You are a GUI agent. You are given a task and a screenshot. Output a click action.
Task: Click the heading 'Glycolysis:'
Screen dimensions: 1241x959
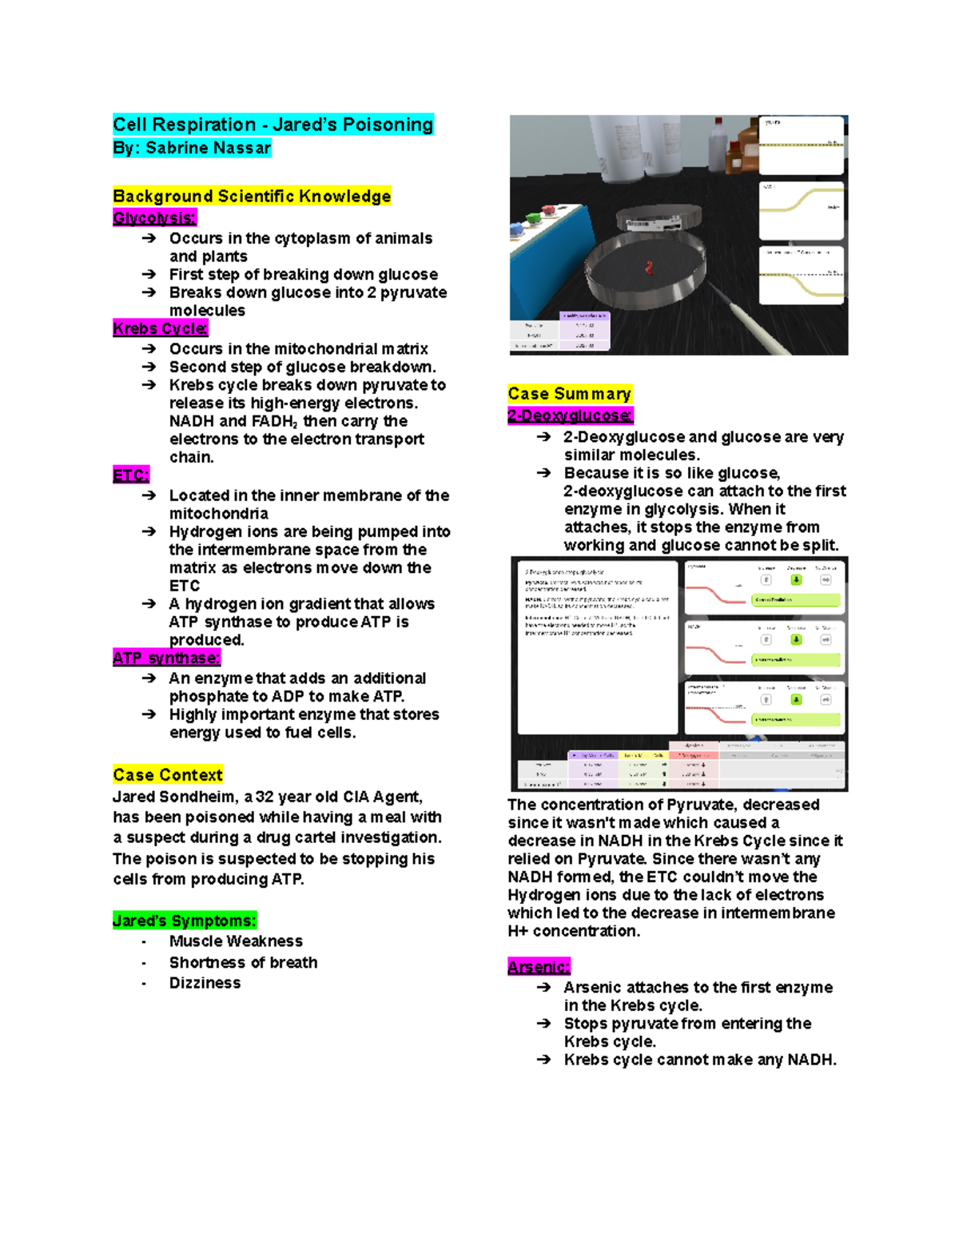(x=154, y=218)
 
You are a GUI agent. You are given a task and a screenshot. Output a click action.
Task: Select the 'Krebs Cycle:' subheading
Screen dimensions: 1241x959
(x=161, y=328)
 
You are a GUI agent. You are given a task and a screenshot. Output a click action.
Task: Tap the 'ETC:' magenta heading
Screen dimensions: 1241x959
(x=131, y=475)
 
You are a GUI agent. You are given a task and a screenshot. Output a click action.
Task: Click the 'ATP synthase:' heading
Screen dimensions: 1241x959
(x=166, y=658)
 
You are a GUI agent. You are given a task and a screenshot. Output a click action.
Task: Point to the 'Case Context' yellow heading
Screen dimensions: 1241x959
(x=168, y=774)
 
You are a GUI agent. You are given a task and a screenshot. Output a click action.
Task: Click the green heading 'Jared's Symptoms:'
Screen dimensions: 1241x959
(x=185, y=921)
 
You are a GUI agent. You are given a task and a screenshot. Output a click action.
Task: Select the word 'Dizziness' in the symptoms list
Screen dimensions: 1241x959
(x=205, y=983)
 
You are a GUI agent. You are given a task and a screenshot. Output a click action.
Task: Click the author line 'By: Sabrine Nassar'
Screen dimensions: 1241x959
(x=192, y=148)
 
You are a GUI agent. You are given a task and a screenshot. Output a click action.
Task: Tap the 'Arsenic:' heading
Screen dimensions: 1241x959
(x=539, y=967)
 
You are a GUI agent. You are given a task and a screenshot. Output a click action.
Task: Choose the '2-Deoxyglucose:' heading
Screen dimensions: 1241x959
(x=570, y=416)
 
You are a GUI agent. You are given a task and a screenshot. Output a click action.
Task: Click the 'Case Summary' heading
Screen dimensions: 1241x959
(x=569, y=394)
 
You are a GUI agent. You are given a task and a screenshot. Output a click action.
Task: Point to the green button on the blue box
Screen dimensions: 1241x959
(x=533, y=218)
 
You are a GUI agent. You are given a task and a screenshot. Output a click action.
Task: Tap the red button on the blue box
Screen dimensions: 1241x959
(x=551, y=211)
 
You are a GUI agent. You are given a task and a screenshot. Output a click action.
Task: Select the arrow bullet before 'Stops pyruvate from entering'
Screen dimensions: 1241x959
(x=543, y=1024)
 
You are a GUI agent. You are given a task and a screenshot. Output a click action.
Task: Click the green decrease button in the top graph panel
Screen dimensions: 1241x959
(x=796, y=580)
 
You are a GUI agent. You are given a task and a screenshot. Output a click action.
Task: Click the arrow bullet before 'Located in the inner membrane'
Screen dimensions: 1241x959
(x=149, y=495)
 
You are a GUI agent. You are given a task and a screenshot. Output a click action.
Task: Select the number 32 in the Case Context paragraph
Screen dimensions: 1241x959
(x=265, y=797)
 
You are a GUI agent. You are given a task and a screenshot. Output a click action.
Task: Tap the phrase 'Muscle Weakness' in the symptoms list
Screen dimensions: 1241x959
(x=236, y=941)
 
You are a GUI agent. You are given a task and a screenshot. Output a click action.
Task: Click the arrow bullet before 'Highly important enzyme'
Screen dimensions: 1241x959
(x=149, y=714)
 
